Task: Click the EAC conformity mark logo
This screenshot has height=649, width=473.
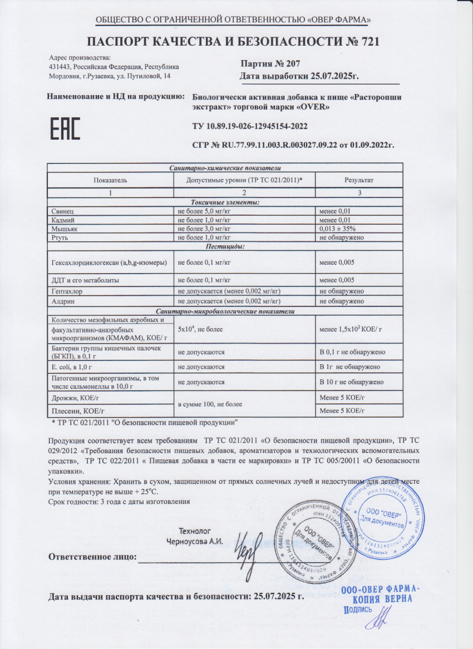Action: [66, 129]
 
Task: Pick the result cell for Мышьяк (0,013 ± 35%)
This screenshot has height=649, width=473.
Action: [337, 229]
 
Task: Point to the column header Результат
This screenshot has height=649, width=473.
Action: [359, 180]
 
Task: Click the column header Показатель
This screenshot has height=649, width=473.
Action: [110, 180]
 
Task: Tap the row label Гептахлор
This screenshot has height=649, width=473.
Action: [67, 291]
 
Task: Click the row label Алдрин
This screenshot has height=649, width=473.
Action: [63, 301]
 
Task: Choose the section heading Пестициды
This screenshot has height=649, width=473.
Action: [225, 246]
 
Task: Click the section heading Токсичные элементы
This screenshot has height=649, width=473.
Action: [225, 202]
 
